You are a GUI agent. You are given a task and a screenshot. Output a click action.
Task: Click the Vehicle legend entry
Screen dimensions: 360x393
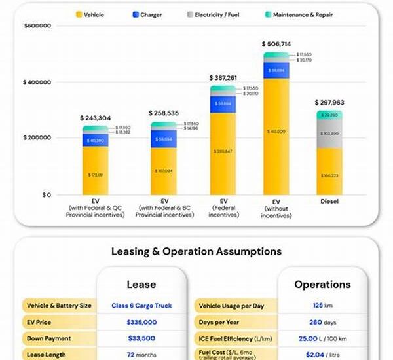coord(90,14)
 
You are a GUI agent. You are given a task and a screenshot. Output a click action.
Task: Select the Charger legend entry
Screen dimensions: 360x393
coord(147,14)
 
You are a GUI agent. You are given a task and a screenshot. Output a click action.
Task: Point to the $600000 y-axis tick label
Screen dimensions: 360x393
coord(37,26)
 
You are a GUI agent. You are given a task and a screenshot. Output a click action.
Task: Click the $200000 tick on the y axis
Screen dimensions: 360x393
coord(37,138)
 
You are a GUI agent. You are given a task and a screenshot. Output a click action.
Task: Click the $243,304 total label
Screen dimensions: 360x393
coord(96,118)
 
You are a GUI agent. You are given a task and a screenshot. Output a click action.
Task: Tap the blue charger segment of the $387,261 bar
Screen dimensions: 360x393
coord(223,103)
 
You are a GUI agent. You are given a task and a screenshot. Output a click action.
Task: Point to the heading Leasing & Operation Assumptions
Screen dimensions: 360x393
coord(196,251)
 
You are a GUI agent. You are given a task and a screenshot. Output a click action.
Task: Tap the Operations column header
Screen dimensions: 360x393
coord(322,285)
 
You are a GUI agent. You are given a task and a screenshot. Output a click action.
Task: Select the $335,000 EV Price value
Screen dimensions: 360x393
coord(141,322)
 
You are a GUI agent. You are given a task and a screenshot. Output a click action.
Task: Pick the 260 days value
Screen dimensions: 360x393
coord(321,322)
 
